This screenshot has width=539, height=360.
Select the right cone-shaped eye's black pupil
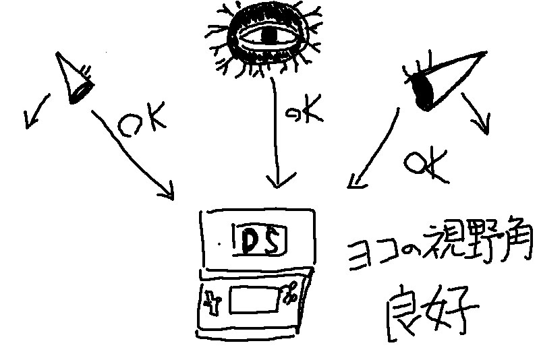[x=426, y=92]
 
